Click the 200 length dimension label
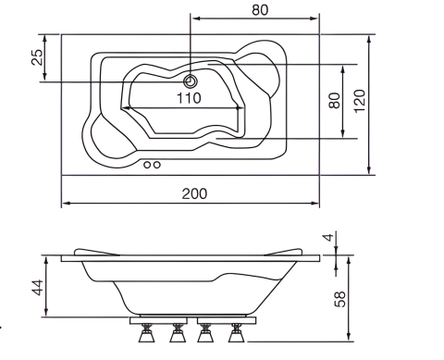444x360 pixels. pos(194,193)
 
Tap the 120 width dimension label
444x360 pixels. pos(360,101)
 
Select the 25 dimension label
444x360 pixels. pos(37,57)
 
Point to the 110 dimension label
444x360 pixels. pos(189,98)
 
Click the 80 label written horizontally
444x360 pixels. pos(260,10)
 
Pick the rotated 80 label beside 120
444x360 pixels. pos(335,101)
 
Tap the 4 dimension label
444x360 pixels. pos(329,238)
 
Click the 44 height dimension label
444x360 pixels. pos(38,288)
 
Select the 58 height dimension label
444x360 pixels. pos(340,299)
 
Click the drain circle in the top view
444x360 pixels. pos(191,81)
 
